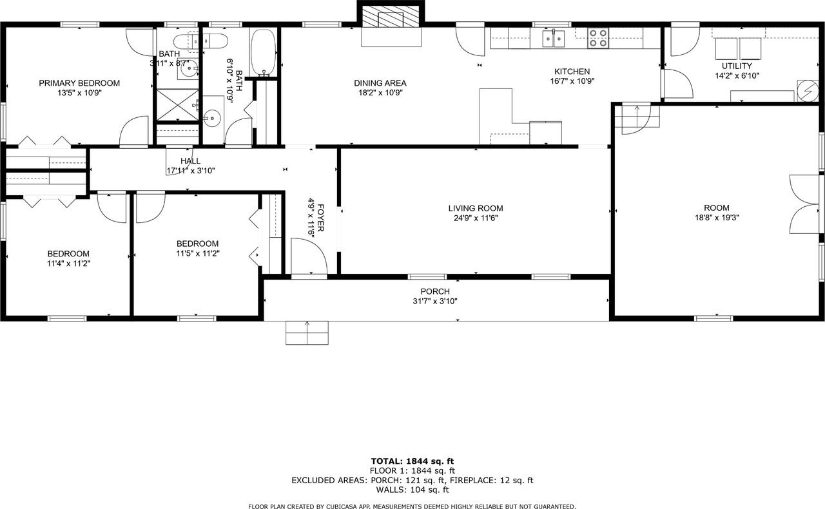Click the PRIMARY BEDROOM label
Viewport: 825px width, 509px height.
tap(79, 83)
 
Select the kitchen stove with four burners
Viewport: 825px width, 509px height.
tap(597, 38)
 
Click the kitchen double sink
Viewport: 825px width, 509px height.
tap(553, 39)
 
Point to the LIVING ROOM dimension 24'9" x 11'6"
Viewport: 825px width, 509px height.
tap(476, 218)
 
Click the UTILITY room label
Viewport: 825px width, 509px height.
tap(737, 66)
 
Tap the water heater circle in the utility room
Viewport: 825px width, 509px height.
tap(807, 91)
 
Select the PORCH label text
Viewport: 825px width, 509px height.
tap(435, 291)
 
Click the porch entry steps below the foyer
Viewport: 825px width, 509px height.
tap(307, 333)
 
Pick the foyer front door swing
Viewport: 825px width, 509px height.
tap(308, 256)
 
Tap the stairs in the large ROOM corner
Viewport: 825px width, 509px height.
tap(637, 119)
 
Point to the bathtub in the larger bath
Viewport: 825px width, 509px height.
tap(263, 52)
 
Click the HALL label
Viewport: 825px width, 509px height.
tap(190, 160)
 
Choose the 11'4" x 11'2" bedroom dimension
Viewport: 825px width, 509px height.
tap(68, 263)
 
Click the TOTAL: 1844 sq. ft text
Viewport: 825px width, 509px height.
tap(412, 461)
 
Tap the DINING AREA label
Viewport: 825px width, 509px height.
tap(380, 83)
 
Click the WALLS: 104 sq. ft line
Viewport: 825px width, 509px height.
tap(412, 490)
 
